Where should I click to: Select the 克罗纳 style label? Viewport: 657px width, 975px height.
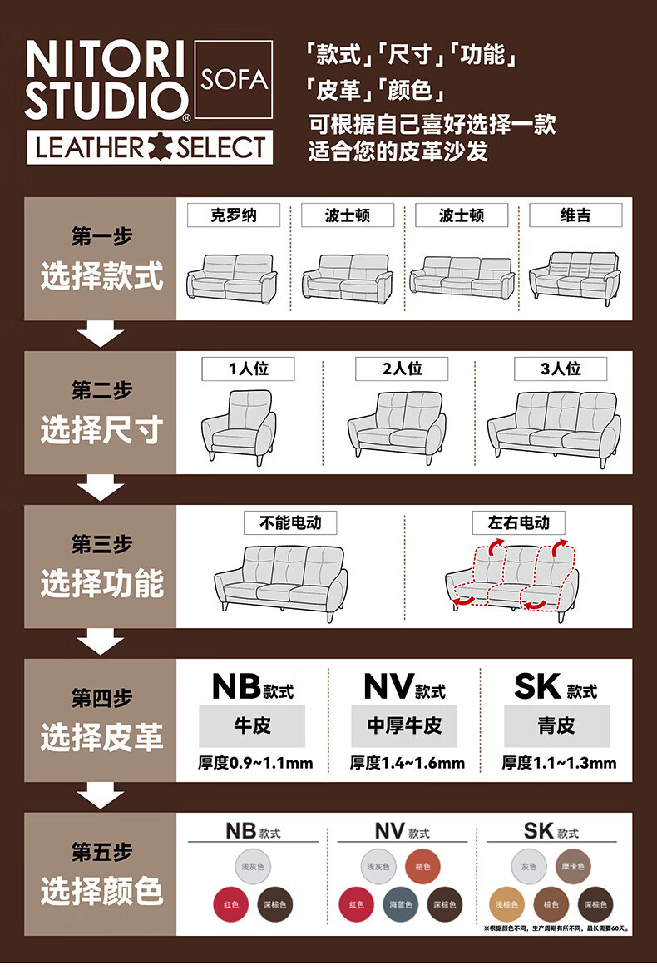(233, 215)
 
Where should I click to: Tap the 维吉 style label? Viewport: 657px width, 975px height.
(575, 215)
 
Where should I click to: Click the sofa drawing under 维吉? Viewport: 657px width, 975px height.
(575, 274)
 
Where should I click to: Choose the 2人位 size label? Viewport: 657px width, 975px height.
(402, 369)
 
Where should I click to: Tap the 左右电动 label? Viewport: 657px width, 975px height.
(519, 522)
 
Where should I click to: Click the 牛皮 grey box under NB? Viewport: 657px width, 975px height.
(252, 725)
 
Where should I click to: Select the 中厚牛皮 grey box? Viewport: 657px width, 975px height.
(404, 725)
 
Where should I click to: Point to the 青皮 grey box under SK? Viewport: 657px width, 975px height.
(556, 725)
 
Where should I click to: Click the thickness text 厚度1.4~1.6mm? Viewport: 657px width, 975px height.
(407, 762)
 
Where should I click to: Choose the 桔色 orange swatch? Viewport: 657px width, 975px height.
(423, 867)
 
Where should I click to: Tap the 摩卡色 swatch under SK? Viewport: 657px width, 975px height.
(574, 867)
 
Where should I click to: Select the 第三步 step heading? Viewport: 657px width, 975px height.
(101, 544)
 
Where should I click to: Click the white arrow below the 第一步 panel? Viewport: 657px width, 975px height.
(101, 334)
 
